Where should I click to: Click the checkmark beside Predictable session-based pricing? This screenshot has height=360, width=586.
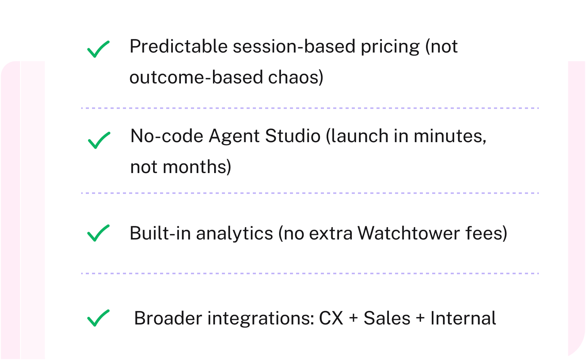98,49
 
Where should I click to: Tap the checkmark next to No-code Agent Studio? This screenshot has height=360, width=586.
99,140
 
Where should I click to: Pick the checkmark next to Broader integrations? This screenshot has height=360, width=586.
98,318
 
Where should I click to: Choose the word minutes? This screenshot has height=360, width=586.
450,136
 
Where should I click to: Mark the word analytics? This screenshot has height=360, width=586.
234,234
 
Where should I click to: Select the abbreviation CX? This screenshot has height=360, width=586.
331,318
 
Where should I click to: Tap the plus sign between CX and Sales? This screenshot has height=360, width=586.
353,319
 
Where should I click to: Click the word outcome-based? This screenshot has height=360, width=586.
196,77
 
